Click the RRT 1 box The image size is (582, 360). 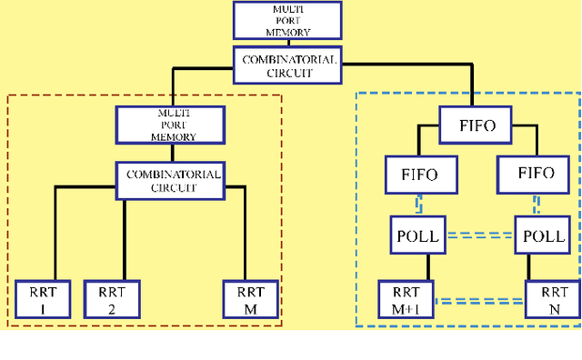click(x=37, y=298)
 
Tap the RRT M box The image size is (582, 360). click(x=249, y=298)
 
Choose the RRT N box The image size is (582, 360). click(x=551, y=298)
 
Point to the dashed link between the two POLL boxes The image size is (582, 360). click(x=480, y=235)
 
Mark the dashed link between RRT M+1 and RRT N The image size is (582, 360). click(x=480, y=298)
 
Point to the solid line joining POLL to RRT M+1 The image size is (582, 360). click(x=427, y=266)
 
